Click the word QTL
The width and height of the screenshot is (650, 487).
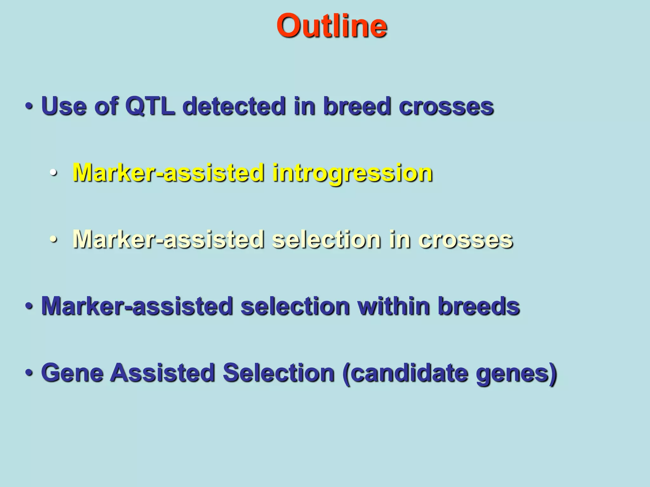pos(150,106)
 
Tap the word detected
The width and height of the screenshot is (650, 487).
pos(234,106)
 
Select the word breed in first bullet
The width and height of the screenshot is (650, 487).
pos(357,106)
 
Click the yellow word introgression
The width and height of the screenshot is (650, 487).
pos(352,173)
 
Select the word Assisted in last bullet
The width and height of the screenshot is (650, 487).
pos(162,373)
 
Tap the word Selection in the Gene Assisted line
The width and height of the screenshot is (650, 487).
pos(278,373)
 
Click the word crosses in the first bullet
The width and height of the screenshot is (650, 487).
pos(446,106)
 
